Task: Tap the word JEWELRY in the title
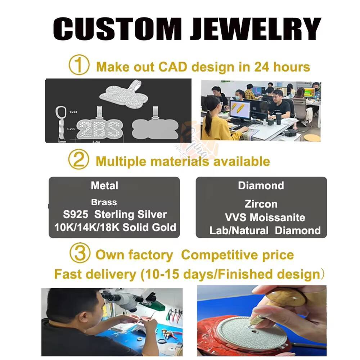[x=255, y=28]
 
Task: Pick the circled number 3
[x=78, y=254]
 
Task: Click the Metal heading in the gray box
[x=104, y=186]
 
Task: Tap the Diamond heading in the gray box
[x=261, y=186]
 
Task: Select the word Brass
[x=104, y=202]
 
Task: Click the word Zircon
[x=261, y=204]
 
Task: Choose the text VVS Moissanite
[x=265, y=217]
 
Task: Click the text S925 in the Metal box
[x=76, y=215]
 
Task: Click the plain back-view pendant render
[x=155, y=128]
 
